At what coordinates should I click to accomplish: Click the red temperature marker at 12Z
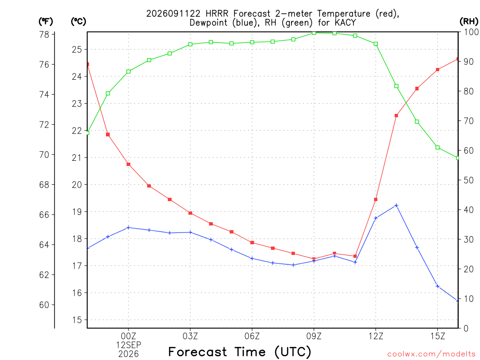click(375, 200)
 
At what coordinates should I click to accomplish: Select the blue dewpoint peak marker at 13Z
click(396, 205)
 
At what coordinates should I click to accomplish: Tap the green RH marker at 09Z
click(314, 33)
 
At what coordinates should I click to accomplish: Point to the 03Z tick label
click(190, 336)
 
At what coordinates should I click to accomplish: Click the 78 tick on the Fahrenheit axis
click(45, 34)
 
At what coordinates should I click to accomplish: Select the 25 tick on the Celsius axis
click(77, 49)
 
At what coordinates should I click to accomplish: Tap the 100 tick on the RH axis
click(472, 32)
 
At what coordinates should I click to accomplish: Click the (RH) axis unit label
click(469, 21)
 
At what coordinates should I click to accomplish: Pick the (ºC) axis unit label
click(78, 21)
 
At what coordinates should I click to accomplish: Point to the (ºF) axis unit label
click(45, 21)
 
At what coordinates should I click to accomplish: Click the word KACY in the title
click(345, 22)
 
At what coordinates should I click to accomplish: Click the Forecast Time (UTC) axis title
click(240, 352)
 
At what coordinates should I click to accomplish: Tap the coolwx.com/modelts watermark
click(431, 354)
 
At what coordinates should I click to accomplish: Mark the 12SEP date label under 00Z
click(128, 345)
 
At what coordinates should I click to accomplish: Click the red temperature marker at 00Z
click(128, 165)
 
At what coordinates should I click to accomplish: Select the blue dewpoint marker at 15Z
click(437, 286)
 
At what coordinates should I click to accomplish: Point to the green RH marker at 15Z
click(437, 148)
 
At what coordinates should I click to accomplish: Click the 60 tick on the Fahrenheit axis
click(45, 305)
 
